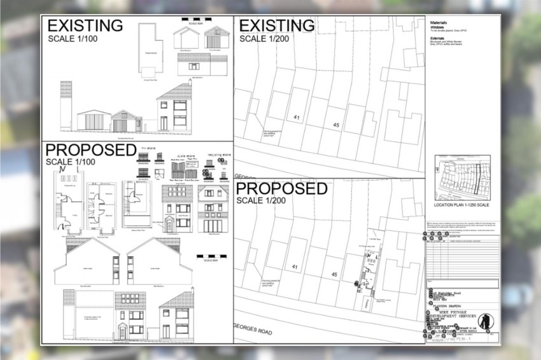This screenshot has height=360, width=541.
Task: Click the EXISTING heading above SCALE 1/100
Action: pos(85,26)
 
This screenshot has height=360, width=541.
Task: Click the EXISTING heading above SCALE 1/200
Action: pos(276,26)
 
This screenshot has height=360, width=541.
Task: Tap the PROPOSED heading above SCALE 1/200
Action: pos(281,189)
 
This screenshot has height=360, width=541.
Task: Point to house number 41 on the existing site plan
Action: pos(297,118)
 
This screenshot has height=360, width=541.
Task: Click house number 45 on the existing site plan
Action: pos(336,125)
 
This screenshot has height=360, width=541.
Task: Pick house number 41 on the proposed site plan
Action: pos(294,266)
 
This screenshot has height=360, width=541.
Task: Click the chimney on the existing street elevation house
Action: pos(190,83)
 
